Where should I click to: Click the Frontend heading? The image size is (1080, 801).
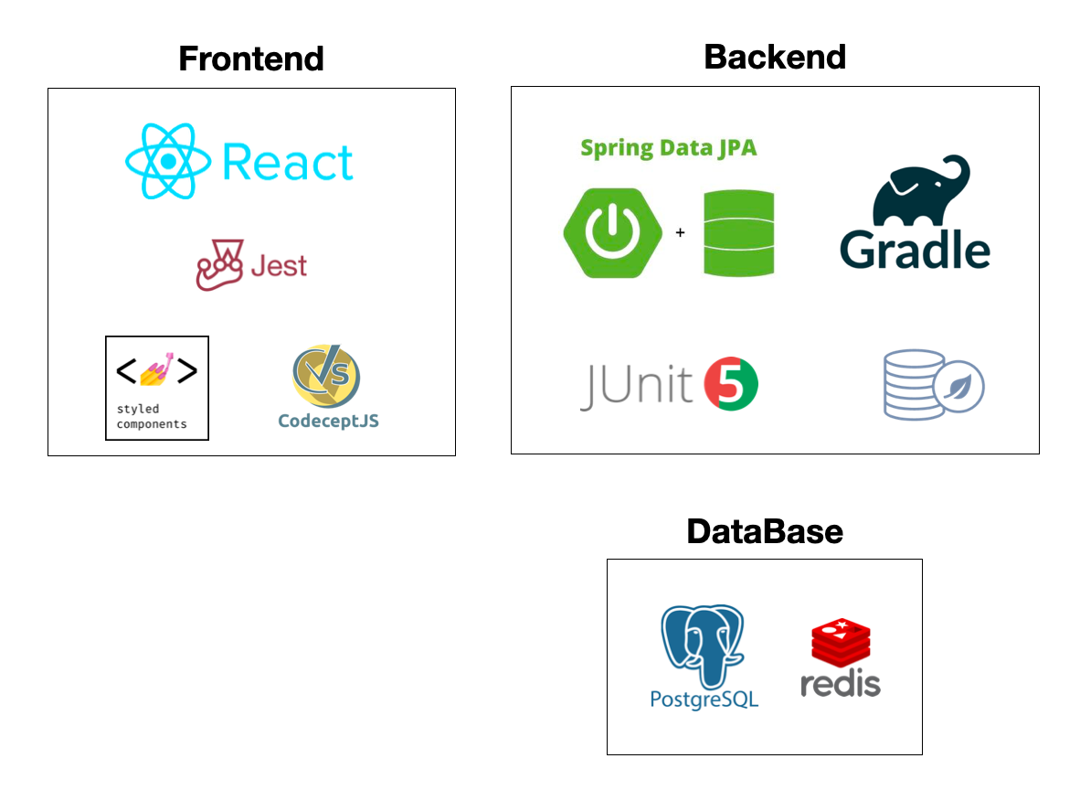(251, 59)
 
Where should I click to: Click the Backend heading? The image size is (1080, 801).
(775, 57)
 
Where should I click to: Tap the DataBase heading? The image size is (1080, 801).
(765, 531)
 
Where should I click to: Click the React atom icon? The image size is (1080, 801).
(168, 162)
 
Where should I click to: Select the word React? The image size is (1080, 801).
(288, 164)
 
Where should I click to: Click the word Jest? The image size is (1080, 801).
(279, 267)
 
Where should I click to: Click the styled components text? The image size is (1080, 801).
(151, 417)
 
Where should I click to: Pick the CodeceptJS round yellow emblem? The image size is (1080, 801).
(326, 377)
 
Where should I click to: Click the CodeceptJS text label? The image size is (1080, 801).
(328, 422)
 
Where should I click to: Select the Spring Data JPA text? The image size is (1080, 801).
(669, 147)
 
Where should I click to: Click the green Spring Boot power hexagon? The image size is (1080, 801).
(600, 233)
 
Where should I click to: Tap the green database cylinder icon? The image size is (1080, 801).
(739, 233)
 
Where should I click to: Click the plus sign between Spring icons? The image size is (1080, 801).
(680, 233)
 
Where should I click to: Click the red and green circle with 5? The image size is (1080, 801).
(732, 385)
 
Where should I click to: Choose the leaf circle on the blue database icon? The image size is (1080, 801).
(958, 388)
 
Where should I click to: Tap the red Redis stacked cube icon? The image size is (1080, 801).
(841, 645)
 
